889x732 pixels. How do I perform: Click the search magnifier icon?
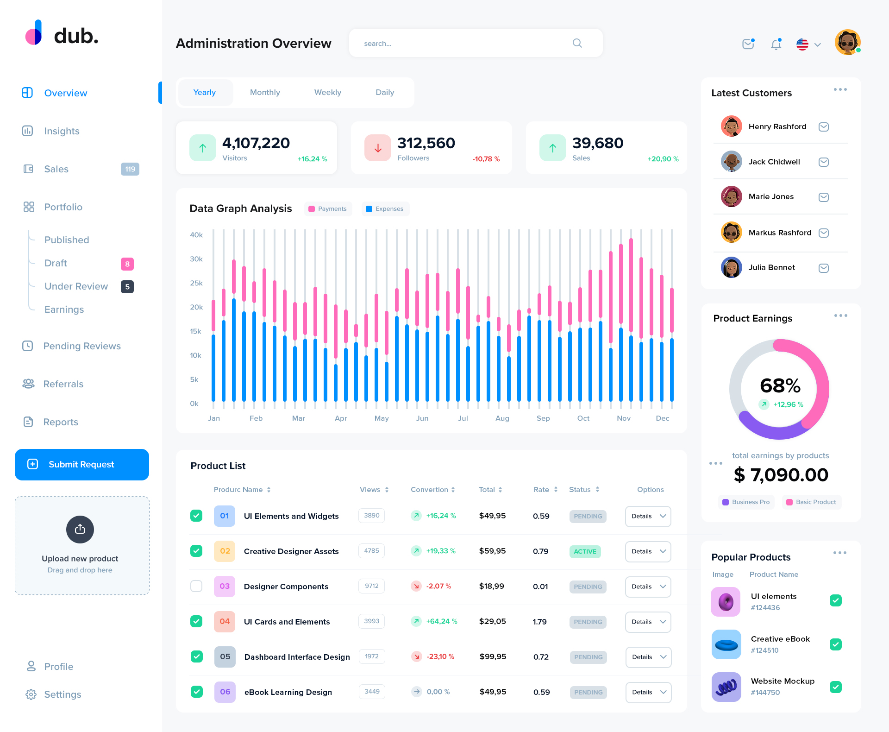pos(577,43)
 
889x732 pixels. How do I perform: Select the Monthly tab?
pos(265,92)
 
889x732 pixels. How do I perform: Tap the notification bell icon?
pos(776,44)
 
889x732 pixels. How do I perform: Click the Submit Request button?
pos(82,464)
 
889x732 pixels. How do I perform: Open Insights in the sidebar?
pos(62,131)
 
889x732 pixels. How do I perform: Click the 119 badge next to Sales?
pos(130,169)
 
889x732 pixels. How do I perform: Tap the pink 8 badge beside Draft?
pos(127,264)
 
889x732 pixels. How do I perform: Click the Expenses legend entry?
pos(385,209)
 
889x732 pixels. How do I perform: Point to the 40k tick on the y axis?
pos(196,235)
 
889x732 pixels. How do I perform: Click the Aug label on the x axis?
pos(502,418)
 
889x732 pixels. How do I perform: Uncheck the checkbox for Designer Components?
pos(196,586)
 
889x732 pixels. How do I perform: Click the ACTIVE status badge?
pos(585,551)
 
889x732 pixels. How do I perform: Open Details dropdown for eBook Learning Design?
pos(648,692)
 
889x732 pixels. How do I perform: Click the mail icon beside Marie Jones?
pos(823,197)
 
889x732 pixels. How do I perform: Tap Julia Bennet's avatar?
pos(731,267)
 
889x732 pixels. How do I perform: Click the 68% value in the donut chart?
pos(780,385)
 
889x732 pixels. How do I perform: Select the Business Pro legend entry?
pos(746,502)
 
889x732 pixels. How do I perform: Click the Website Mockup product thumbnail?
pos(726,687)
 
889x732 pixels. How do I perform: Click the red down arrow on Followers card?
pos(378,148)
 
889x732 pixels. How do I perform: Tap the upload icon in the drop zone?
pos(80,529)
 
